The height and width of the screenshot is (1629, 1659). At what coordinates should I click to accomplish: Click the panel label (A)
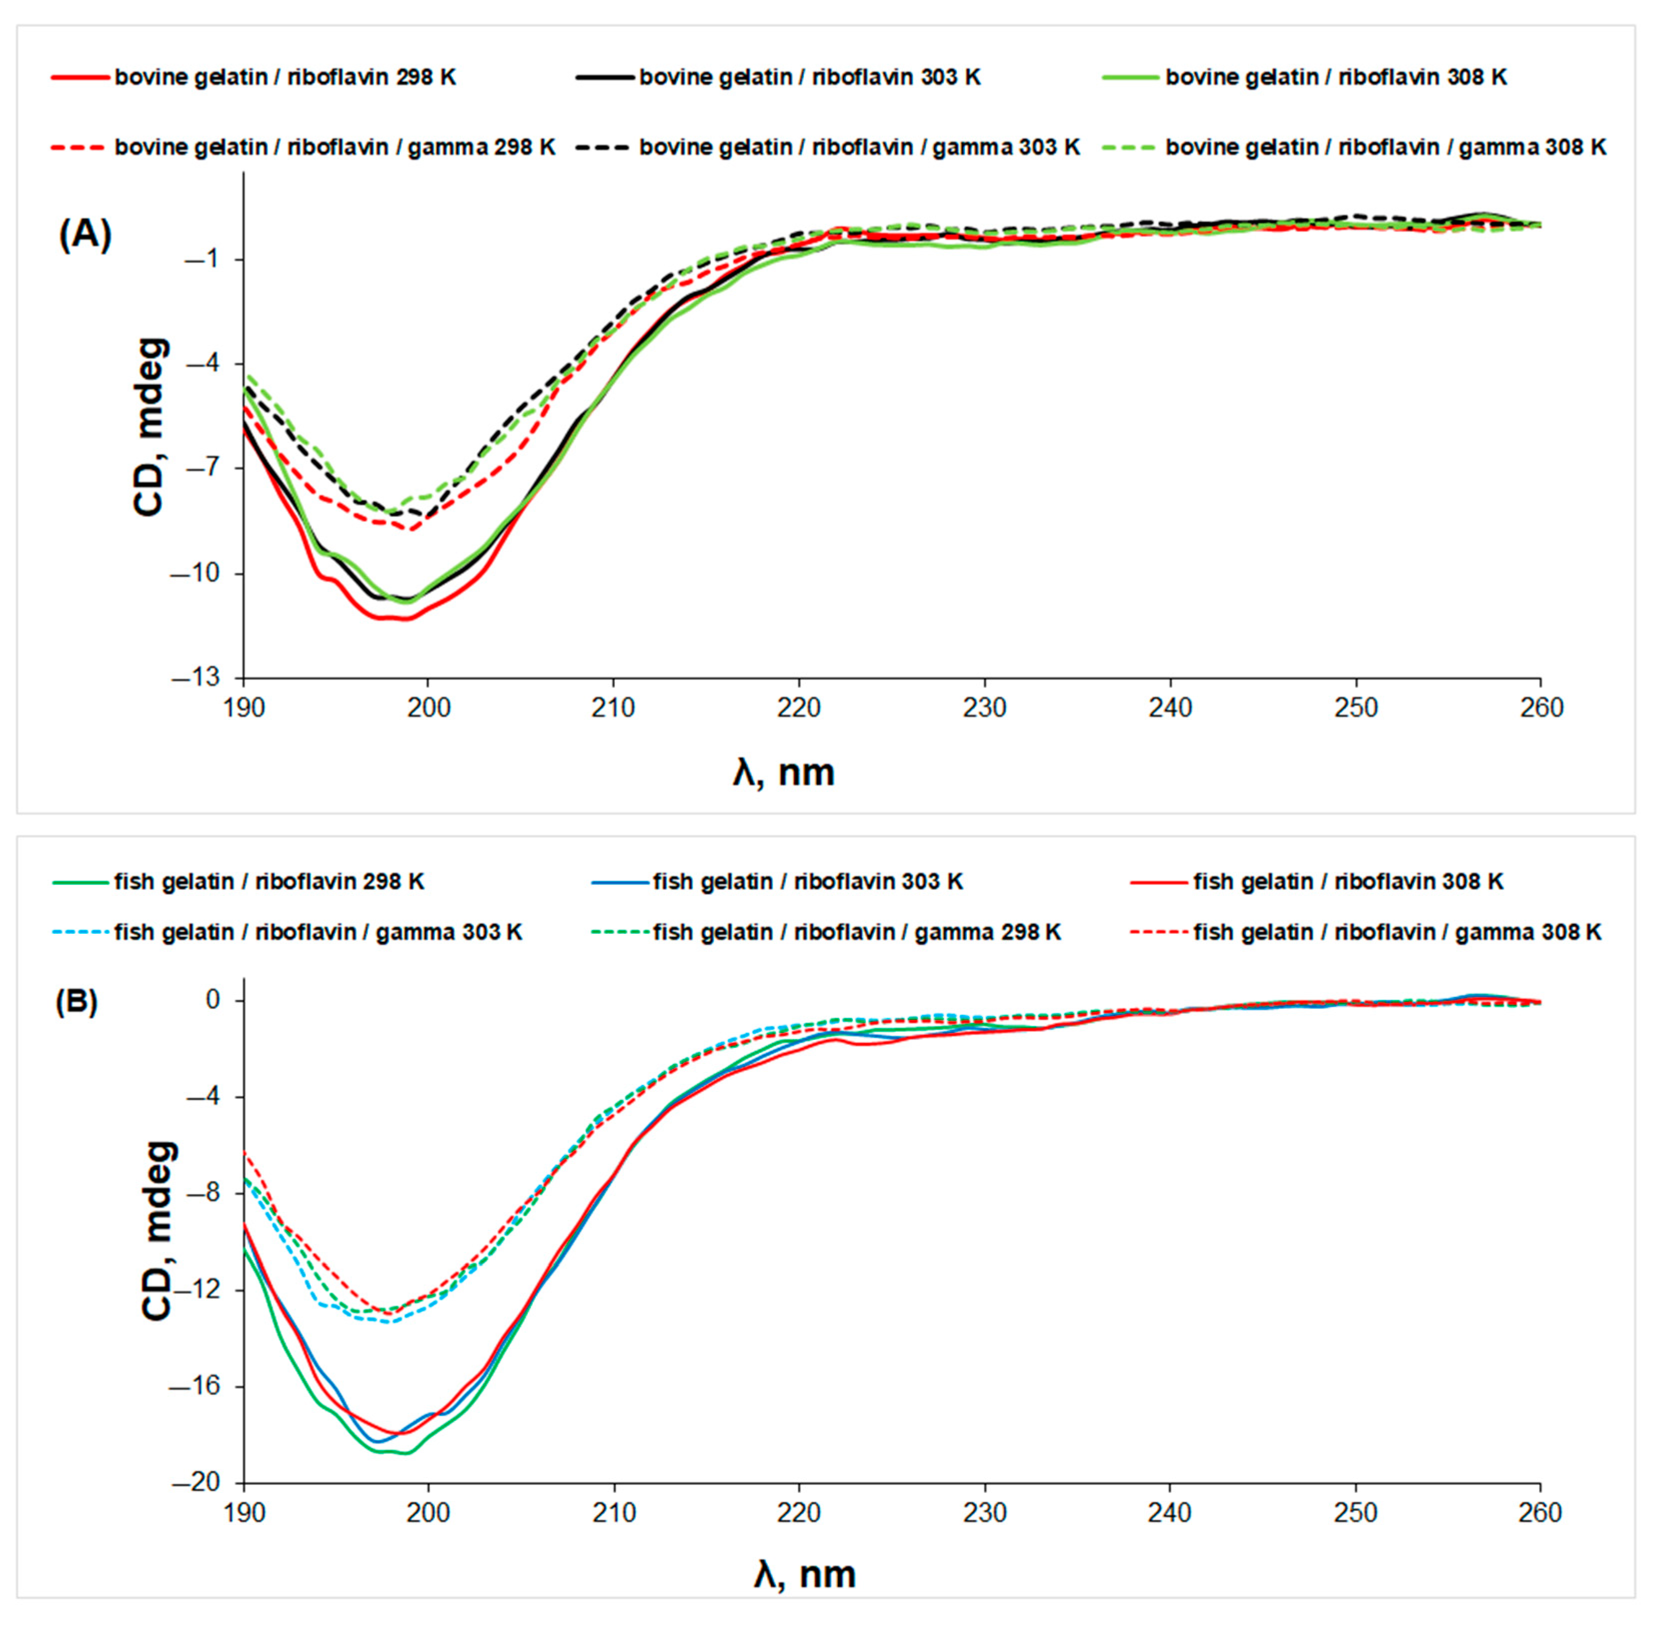point(85,235)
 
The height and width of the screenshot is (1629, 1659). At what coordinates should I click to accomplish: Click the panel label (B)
point(76,1002)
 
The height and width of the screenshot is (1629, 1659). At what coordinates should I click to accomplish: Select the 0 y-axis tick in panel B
point(212,999)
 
